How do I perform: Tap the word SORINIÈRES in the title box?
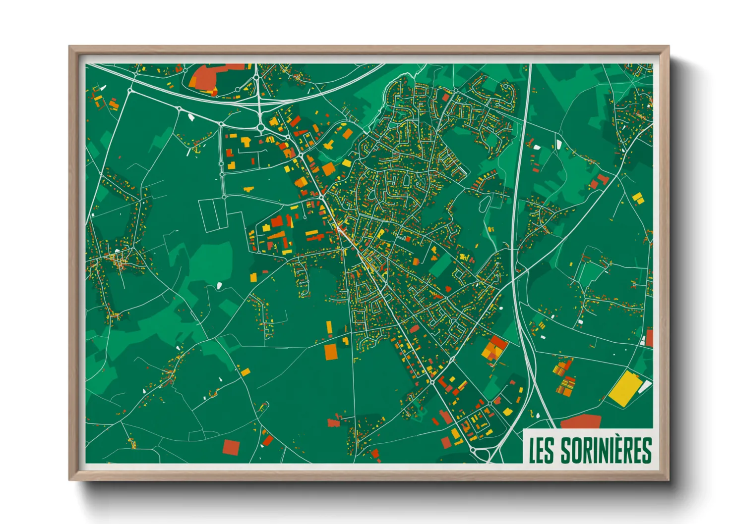(606, 450)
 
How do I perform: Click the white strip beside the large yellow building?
(645, 387)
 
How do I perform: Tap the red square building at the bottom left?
(231, 447)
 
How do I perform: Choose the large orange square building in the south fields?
(331, 352)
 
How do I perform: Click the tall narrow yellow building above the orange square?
(329, 327)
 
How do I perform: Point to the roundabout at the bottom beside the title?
(474, 451)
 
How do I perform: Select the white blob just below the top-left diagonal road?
(191, 117)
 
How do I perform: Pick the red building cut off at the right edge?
(649, 338)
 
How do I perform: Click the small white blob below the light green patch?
(219, 285)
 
